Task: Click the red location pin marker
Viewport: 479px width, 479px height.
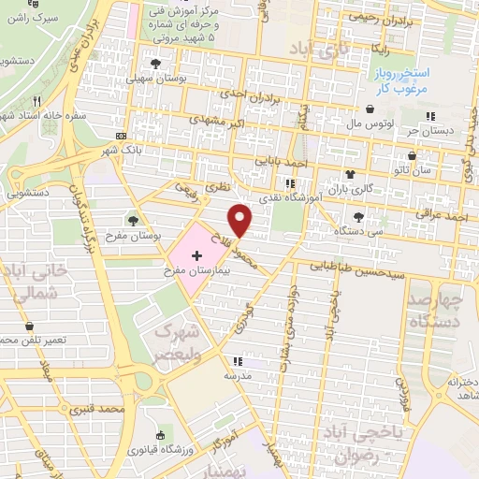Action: pos(241,220)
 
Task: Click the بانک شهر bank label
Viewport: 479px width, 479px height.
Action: pos(122,151)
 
